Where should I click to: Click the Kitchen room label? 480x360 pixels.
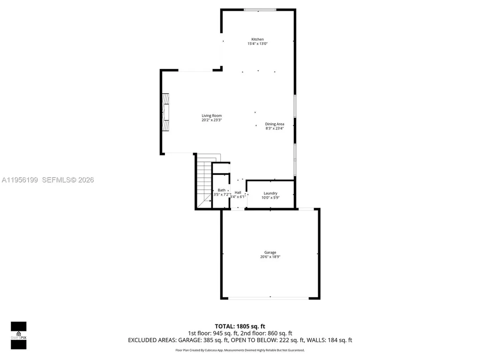click(257, 39)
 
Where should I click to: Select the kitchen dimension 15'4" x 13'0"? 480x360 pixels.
click(257, 44)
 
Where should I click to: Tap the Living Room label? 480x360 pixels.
click(211, 116)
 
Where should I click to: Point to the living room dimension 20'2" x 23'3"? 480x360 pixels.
click(211, 120)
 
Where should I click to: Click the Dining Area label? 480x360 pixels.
click(274, 124)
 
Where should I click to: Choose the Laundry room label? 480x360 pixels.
click(270, 193)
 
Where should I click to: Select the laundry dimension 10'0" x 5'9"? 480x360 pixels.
click(270, 197)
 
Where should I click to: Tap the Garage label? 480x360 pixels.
click(270, 253)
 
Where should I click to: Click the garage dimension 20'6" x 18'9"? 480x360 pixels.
click(270, 257)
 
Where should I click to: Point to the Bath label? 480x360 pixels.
click(221, 190)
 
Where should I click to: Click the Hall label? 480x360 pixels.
click(238, 193)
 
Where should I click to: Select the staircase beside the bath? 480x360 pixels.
click(204, 183)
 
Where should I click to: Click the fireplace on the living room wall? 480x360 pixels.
click(165, 113)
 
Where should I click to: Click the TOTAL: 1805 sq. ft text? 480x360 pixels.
click(240, 326)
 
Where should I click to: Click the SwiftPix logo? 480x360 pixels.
click(19, 336)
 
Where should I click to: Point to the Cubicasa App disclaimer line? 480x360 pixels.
click(240, 350)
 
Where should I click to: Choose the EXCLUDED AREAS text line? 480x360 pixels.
click(240, 340)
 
